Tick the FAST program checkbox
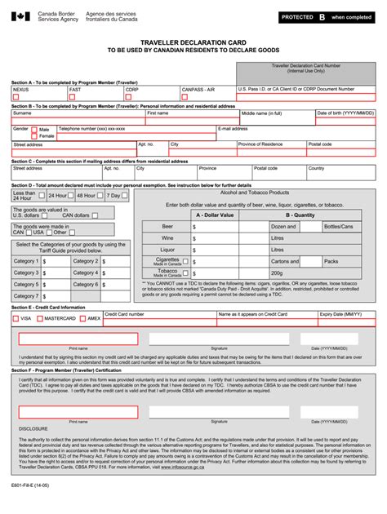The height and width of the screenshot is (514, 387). [72, 96]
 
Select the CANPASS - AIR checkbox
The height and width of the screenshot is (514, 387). [185, 96]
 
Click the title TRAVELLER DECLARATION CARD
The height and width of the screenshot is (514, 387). [193, 41]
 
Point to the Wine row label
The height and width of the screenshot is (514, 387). [167, 238]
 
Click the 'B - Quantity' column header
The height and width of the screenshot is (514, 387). [303, 215]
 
